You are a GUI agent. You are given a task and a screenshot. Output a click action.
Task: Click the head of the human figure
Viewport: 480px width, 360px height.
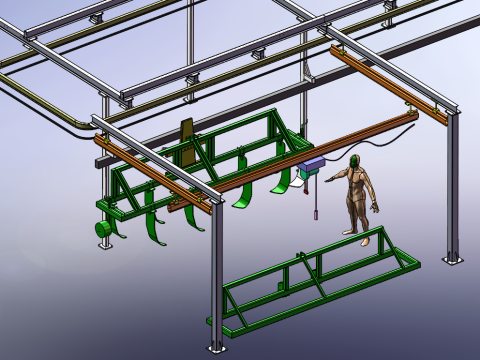[357, 163]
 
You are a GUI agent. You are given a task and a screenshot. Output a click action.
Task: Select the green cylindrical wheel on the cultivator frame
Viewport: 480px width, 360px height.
[102, 229]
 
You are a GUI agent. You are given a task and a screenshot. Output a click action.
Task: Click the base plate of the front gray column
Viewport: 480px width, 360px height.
[217, 346]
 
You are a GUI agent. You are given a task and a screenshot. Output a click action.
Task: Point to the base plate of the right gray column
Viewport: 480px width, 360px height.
[453, 258]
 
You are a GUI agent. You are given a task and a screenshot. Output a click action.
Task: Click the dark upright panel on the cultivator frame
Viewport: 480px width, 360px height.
[187, 142]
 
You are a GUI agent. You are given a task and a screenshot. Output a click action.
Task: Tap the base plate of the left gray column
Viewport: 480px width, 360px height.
[106, 245]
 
